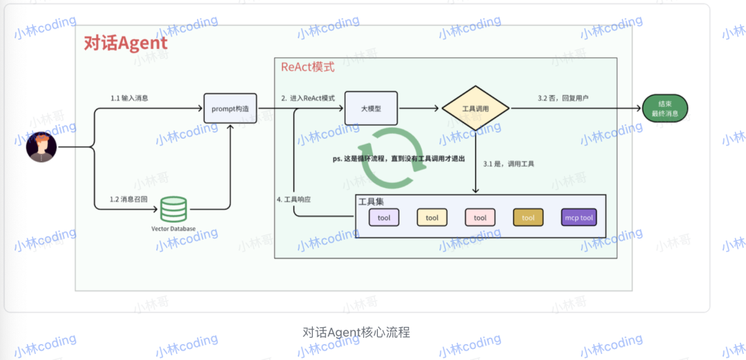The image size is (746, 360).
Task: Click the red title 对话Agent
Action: click(125, 44)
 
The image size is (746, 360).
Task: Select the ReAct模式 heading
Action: click(307, 67)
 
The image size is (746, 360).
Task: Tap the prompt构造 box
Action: click(230, 108)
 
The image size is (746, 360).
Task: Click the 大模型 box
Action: click(371, 108)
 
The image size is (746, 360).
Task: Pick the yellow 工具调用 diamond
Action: click(475, 108)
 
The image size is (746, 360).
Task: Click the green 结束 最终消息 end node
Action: click(664, 108)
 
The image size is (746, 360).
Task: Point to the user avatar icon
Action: click(41, 147)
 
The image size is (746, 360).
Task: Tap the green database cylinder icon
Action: click(173, 209)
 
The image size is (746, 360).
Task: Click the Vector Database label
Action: click(173, 229)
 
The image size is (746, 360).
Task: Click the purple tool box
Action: click(384, 218)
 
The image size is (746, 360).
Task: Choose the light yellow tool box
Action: click(432, 218)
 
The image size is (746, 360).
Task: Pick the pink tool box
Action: click(480, 218)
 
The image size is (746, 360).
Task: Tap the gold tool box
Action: click(528, 218)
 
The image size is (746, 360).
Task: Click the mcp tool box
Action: click(578, 218)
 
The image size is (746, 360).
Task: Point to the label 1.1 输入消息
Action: click(129, 98)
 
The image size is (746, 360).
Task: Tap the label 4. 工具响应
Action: click(294, 199)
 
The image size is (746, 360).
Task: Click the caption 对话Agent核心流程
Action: click(356, 332)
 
